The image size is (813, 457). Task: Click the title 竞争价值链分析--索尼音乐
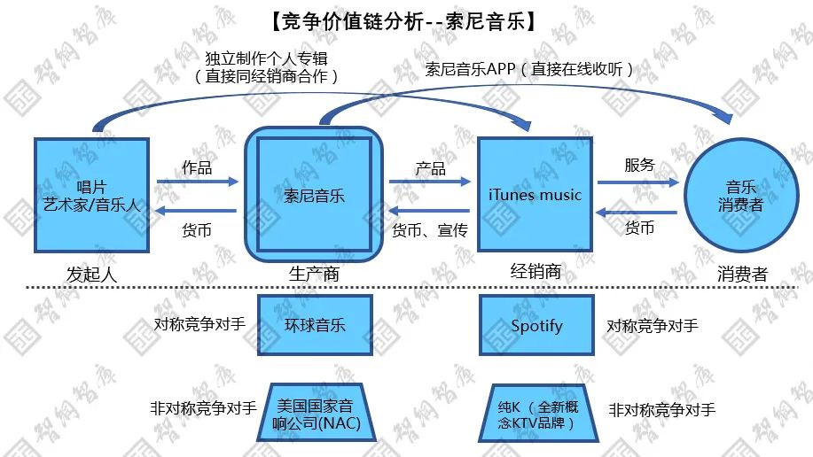click(x=403, y=21)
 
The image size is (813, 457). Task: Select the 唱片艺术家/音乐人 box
click(x=92, y=196)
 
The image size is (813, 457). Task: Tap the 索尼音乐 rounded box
click(x=314, y=194)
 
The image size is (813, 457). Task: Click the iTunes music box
click(x=535, y=194)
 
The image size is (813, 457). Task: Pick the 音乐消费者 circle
click(x=741, y=196)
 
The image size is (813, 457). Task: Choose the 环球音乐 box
click(x=315, y=325)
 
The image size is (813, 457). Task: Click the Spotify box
click(x=536, y=325)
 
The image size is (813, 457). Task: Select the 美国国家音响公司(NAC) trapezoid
click(x=317, y=413)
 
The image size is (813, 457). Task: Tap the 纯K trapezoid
click(x=537, y=414)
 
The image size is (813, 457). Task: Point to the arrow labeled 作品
click(x=198, y=182)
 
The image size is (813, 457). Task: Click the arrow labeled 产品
click(x=430, y=182)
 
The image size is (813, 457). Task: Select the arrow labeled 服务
click(x=638, y=182)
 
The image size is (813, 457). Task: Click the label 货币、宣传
click(x=430, y=230)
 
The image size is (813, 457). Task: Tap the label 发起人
click(x=92, y=274)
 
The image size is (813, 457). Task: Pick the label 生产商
click(x=314, y=274)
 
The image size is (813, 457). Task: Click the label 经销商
click(x=535, y=271)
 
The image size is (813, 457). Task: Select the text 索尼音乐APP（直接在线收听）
click(x=529, y=69)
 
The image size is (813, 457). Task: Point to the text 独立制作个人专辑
click(x=266, y=58)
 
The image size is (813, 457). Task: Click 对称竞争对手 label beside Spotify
click(x=653, y=325)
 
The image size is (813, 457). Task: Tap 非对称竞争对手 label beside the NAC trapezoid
click(x=203, y=407)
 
